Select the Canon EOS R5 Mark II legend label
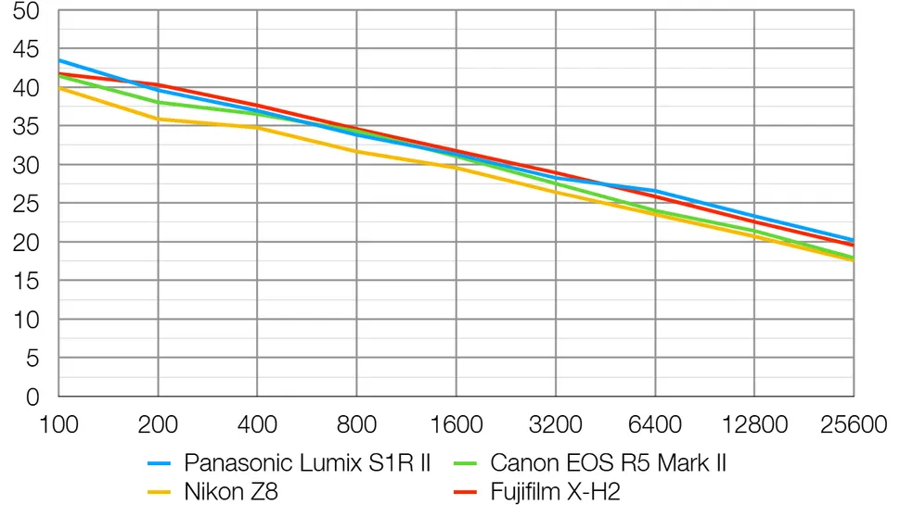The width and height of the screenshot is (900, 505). [608, 462]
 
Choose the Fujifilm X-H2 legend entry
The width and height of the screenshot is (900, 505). [555, 491]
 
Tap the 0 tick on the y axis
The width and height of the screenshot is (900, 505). [33, 397]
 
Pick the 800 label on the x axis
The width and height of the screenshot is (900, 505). [357, 424]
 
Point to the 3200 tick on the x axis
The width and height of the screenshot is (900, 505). [556, 424]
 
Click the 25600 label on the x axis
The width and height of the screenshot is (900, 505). [854, 424]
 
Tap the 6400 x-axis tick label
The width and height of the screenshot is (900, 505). [655, 424]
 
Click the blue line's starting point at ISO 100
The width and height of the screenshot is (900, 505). [58, 60]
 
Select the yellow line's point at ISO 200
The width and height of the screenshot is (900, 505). [158, 119]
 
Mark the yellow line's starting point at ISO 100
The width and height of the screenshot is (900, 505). [58, 88]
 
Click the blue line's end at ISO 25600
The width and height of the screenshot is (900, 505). [854, 240]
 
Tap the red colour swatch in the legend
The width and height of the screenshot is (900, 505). [466, 491]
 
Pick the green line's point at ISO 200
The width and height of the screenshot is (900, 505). [158, 102]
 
